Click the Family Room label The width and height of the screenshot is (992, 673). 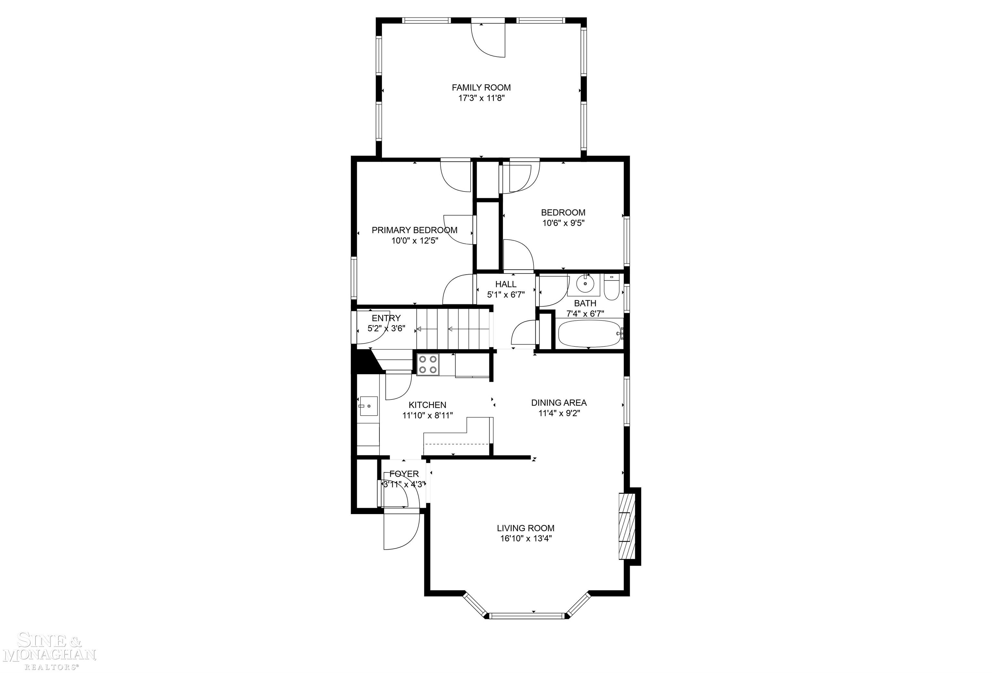[481, 88]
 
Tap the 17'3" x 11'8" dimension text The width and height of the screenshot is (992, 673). [481, 98]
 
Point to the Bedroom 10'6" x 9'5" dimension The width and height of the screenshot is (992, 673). [563, 223]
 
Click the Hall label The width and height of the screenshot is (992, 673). [506, 284]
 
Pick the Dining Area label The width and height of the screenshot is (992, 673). [559, 403]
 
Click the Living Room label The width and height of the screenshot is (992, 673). [525, 528]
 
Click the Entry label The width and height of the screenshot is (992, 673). [386, 318]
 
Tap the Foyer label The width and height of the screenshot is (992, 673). [404, 474]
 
